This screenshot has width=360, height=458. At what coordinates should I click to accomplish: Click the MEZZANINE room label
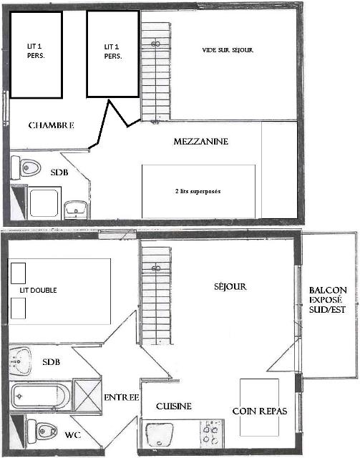coord(200,142)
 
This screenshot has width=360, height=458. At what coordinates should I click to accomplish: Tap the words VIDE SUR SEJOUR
coord(228,50)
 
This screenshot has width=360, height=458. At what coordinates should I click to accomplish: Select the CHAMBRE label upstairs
coord(51,125)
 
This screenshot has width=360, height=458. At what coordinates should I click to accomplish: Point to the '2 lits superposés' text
coord(198,191)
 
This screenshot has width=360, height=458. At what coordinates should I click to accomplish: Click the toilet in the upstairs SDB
coord(26,167)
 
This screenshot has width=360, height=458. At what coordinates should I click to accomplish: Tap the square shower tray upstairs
coord(44,203)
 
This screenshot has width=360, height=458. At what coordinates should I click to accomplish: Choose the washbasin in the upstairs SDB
coord(76,209)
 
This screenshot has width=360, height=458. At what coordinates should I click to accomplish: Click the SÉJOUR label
coord(230,286)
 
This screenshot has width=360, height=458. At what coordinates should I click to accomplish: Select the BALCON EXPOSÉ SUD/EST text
coord(328,300)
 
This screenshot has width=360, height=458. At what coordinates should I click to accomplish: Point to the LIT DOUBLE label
coord(38,290)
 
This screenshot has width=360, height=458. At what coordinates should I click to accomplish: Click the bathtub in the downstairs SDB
coord(41,396)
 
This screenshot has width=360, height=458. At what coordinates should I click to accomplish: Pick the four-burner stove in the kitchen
coord(212,434)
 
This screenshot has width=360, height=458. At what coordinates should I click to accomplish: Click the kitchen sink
coord(159,434)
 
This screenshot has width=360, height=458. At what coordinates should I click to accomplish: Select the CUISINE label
coord(174,406)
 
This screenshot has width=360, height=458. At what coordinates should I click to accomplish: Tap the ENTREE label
coord(122,397)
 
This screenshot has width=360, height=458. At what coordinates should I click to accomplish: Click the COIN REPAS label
coord(260,411)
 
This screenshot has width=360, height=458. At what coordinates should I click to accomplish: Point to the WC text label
coord(73,434)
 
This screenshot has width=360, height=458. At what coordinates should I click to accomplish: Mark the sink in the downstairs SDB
coord(20,361)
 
